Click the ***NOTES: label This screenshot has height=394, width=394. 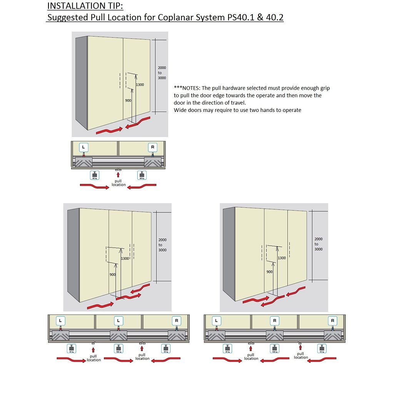(187, 88)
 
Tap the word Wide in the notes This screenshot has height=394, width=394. (180, 110)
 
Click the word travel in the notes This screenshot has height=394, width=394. (238, 103)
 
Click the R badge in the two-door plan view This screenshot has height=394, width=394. (153, 147)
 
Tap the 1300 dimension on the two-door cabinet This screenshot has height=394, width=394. (140, 85)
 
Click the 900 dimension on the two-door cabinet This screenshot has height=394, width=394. (129, 100)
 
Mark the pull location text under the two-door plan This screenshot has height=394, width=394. (119, 183)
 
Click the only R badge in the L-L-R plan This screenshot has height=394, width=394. (176, 320)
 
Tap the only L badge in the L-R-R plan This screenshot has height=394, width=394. (217, 320)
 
